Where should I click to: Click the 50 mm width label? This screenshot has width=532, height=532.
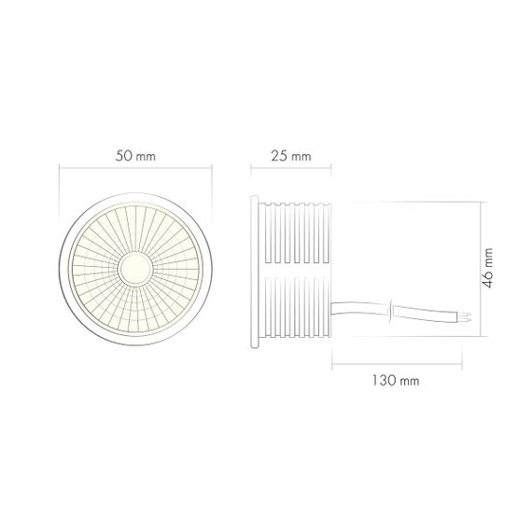(135, 156)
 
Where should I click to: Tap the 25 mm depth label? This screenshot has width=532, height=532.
(292, 156)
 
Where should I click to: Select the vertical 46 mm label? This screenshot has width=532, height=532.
(489, 268)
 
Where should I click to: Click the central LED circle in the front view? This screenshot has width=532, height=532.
(135, 269)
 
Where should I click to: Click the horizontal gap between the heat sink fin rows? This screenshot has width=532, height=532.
(299, 269)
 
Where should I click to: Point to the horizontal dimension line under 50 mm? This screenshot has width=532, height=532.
(135, 169)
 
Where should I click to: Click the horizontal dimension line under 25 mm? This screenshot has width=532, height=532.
(291, 169)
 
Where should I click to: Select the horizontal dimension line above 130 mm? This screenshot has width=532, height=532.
(402, 367)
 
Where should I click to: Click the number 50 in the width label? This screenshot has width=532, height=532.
(125, 156)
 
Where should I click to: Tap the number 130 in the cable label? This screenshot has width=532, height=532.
(381, 382)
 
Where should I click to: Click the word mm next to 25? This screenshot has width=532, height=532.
(301, 157)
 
